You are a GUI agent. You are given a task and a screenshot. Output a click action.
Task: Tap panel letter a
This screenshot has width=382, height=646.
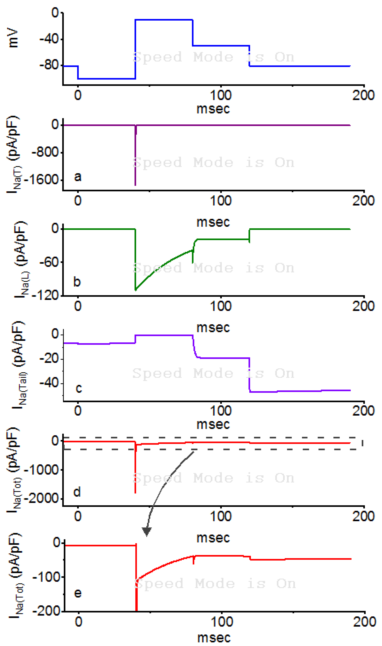[x=78, y=177]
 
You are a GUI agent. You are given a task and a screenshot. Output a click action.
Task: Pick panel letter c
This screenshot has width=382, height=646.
[x=79, y=388]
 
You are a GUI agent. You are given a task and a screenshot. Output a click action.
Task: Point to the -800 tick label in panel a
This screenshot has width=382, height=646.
[x=46, y=152]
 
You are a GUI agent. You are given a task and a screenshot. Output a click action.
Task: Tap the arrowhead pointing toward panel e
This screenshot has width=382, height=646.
[x=147, y=531]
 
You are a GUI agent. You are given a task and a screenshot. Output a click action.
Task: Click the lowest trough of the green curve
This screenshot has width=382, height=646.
[x=136, y=290]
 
